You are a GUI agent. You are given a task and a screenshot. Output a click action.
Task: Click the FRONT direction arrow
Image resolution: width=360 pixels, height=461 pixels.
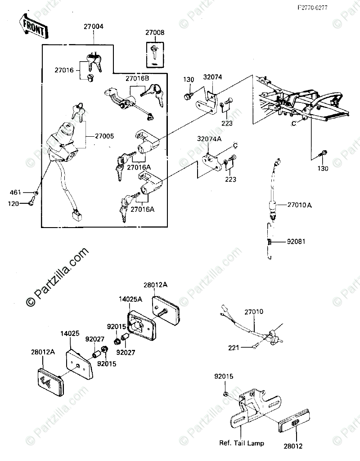click(33, 27)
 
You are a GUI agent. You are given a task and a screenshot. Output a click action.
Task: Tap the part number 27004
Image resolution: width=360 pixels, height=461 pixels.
click(93, 27)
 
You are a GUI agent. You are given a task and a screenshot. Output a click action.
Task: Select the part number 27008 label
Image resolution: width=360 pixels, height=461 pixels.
click(154, 32)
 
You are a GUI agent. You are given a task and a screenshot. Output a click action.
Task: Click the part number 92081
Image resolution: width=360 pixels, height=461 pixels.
click(297, 242)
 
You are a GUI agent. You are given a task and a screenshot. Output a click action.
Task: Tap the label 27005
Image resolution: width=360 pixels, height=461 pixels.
click(104, 135)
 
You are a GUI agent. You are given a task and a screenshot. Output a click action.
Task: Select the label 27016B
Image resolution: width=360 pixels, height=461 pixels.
click(137, 78)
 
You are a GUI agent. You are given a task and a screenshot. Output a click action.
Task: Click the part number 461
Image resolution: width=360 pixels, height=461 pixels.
click(15, 193)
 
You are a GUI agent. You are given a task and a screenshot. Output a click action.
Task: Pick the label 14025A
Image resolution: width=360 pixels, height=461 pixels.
click(130, 298)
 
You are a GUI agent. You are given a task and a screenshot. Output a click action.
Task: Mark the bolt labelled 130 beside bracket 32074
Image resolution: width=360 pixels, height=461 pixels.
click(188, 95)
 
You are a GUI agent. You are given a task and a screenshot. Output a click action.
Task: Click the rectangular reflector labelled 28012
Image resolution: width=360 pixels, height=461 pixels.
click(294, 423)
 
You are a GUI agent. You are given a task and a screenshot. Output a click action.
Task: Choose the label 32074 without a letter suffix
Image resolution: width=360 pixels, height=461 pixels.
click(212, 77)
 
